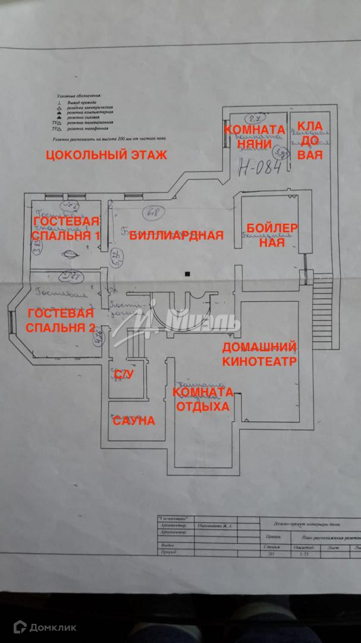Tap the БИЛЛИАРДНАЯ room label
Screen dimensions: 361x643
tap(177, 235)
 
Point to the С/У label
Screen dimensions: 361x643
tap(123, 374)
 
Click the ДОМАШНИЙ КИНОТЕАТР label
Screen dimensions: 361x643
tap(259, 354)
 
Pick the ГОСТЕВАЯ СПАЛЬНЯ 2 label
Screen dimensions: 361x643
tap(60, 320)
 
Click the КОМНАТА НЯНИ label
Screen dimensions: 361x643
tap(253, 136)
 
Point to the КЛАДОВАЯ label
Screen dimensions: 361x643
tap(310, 141)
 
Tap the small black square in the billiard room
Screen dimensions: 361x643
tap(187, 273)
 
